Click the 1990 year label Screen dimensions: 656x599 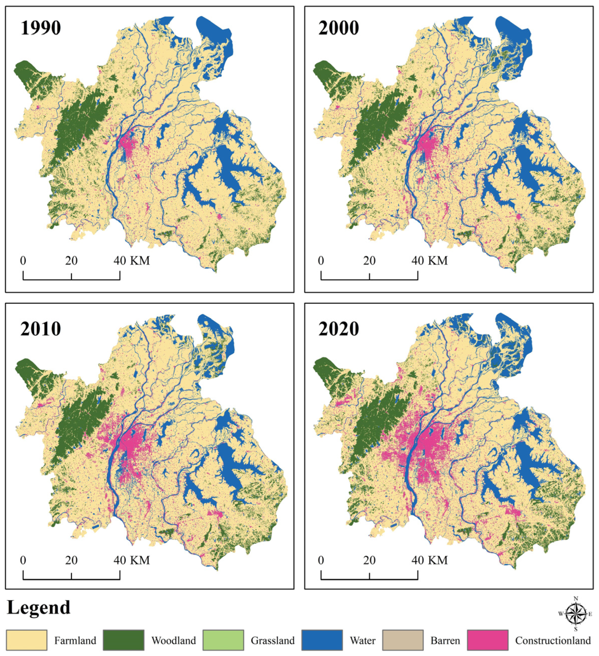[41, 28]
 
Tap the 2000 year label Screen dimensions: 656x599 [339, 28]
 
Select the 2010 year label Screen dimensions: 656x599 [41, 329]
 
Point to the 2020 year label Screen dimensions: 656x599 [339, 329]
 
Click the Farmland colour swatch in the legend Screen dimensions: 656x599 [27, 640]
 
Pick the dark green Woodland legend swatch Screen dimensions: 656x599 [124, 640]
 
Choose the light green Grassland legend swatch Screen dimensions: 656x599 [223, 640]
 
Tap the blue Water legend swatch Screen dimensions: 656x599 [322, 640]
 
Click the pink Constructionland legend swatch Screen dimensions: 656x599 [487, 640]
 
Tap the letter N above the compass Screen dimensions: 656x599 [576, 598]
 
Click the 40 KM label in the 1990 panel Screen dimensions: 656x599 [132, 261]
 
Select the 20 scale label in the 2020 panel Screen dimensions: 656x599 [369, 560]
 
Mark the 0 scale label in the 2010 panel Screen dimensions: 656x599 [23, 560]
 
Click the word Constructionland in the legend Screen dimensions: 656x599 [553, 641]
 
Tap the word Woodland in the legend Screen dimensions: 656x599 [174, 641]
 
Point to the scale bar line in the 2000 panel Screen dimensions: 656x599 [369, 279]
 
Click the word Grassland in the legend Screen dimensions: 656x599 [272, 641]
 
